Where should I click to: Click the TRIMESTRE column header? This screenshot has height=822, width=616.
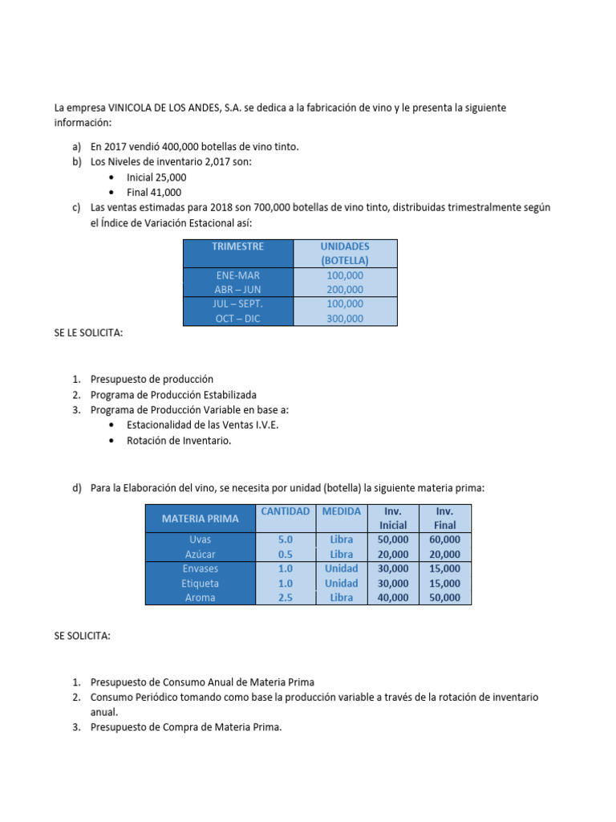[x=237, y=246]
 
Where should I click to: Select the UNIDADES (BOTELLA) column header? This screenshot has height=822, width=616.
[x=345, y=253]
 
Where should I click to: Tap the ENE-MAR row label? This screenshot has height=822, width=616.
[x=237, y=275]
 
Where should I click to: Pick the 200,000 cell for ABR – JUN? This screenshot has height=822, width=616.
[x=345, y=290]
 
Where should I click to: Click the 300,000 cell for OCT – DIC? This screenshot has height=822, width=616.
[x=345, y=319]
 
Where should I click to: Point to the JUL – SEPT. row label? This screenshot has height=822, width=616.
[x=237, y=304]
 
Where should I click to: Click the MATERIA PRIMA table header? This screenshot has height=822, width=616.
[x=200, y=519]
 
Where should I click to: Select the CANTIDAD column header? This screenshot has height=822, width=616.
[x=285, y=511]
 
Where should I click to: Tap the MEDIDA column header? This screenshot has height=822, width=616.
[x=341, y=511]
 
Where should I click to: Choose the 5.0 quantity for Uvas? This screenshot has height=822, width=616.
[x=285, y=540]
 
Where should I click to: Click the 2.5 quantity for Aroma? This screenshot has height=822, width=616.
[x=285, y=598]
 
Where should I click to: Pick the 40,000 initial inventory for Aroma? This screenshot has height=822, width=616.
[x=393, y=598]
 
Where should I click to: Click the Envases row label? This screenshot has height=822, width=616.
[x=200, y=569]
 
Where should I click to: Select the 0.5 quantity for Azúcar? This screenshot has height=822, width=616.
[x=285, y=555]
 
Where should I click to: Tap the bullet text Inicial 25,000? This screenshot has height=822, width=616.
[x=156, y=177]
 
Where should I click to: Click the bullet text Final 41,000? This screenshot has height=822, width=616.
[x=154, y=192]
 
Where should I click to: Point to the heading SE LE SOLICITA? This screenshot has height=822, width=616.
[x=88, y=333]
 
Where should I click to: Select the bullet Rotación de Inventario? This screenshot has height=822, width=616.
[x=179, y=441]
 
